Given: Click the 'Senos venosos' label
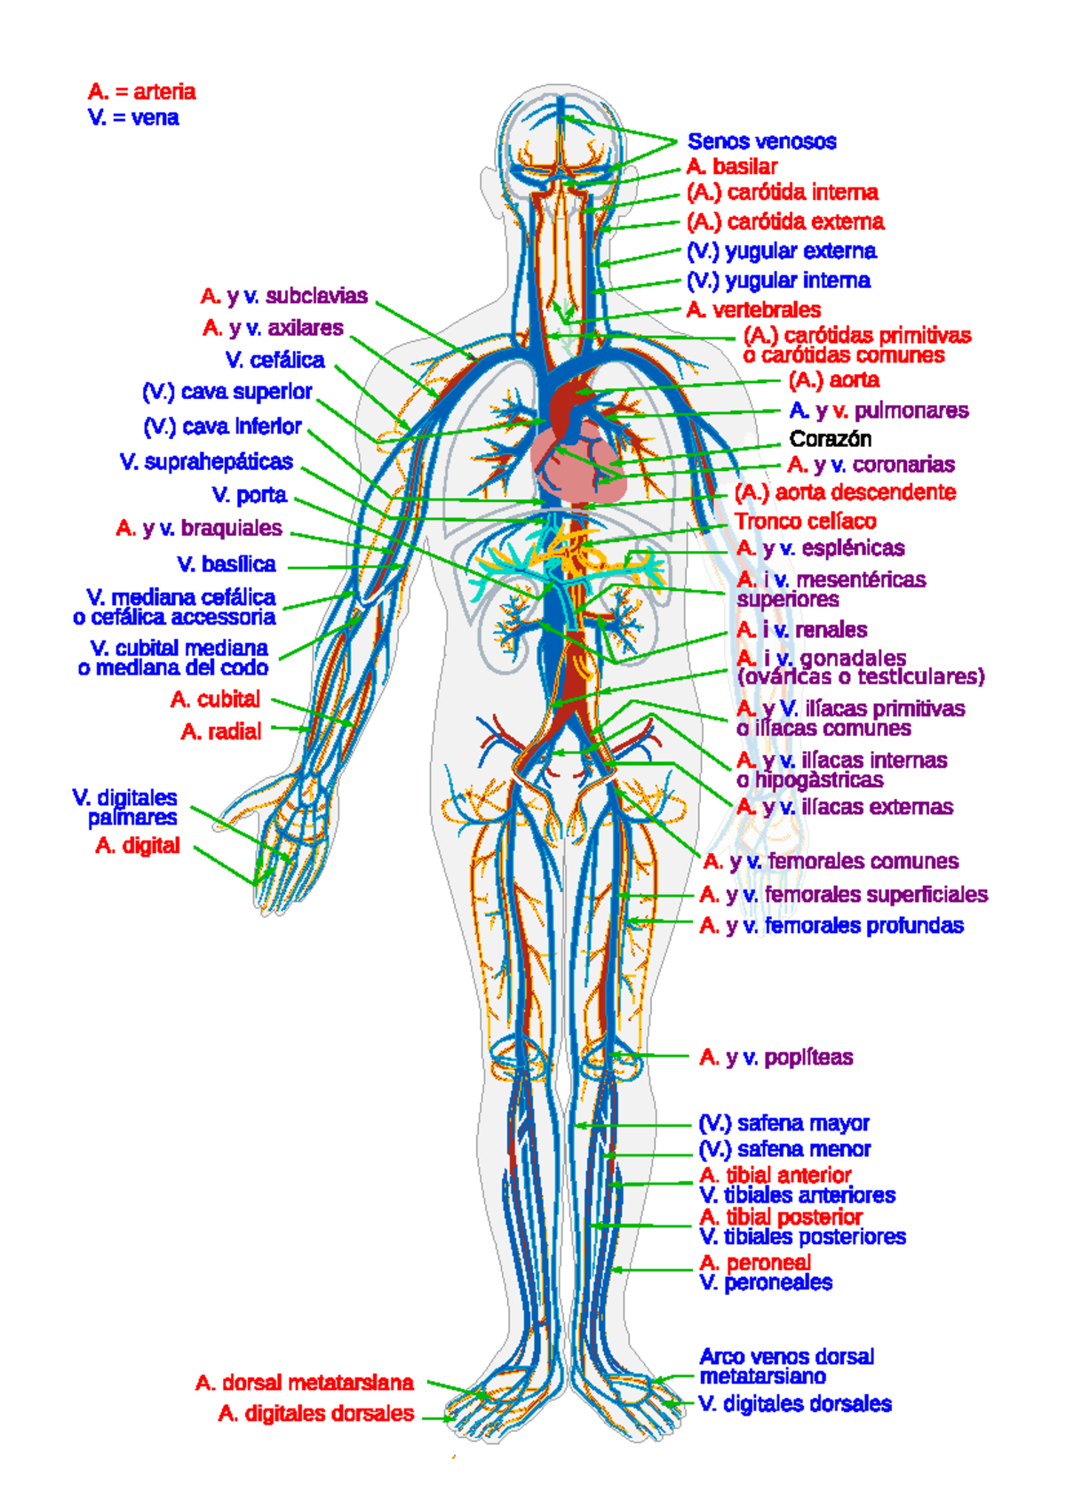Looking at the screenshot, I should [761, 141].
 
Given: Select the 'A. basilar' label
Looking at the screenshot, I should [731, 166].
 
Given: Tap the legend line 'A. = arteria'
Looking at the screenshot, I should [141, 92].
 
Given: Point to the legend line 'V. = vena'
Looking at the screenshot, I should [133, 117].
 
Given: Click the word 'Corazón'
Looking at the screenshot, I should [830, 439].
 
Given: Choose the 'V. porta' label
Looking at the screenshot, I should [250, 495].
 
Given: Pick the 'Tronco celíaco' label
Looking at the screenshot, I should [805, 522].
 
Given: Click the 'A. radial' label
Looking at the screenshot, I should [221, 731].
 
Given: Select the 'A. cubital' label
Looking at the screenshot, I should [215, 699].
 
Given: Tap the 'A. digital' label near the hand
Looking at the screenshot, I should [138, 845].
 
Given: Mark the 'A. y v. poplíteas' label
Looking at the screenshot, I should [776, 1057].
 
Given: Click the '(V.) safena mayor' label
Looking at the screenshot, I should [784, 1123].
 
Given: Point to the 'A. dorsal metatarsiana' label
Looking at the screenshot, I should [304, 1383].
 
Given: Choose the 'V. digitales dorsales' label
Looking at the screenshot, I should [795, 1404].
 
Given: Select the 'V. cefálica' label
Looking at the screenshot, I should [274, 360].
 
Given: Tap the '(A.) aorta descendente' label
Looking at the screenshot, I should [845, 492].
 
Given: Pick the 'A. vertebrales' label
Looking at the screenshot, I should [753, 309].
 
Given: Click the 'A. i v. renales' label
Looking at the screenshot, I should [801, 630].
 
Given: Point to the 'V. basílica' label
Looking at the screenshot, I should [227, 564].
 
